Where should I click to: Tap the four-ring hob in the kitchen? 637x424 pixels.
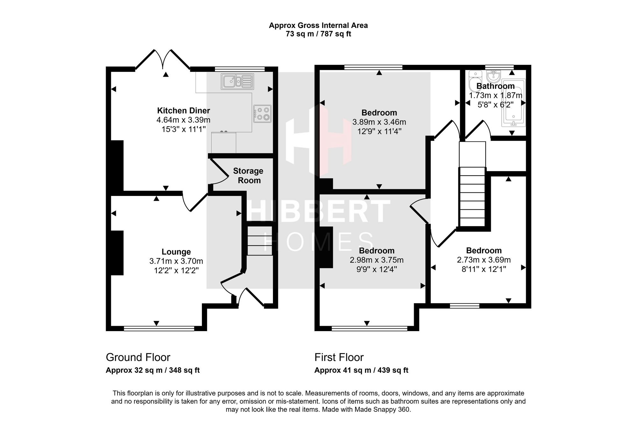pyautogui.click(x=262, y=114)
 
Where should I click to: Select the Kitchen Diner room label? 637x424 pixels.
pyautogui.click(x=183, y=111)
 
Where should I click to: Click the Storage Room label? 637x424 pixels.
pyautogui.click(x=248, y=176)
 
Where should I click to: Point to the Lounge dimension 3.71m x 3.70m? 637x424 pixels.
pyautogui.click(x=176, y=261)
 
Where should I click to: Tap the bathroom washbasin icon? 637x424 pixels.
pyautogui.click(x=494, y=76)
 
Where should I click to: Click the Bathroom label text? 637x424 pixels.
pyautogui.click(x=496, y=86)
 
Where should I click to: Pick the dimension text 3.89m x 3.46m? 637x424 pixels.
pyautogui.click(x=379, y=122)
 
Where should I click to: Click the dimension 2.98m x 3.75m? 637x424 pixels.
pyautogui.click(x=376, y=260)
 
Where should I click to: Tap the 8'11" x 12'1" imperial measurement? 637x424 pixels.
pyautogui.click(x=484, y=269)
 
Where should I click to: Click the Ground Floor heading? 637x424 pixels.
pyautogui.click(x=138, y=357)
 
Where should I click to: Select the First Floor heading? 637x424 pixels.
pyautogui.click(x=339, y=357)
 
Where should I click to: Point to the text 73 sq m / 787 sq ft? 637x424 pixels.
pyautogui.click(x=318, y=34)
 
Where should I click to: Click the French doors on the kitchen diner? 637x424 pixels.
pyautogui.click(x=163, y=59)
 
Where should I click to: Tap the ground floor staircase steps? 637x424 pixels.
pyautogui.click(x=260, y=240)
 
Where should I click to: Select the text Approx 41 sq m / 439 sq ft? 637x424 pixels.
pyautogui.click(x=361, y=370)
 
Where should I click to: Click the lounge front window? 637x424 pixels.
pyautogui.click(x=159, y=329)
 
